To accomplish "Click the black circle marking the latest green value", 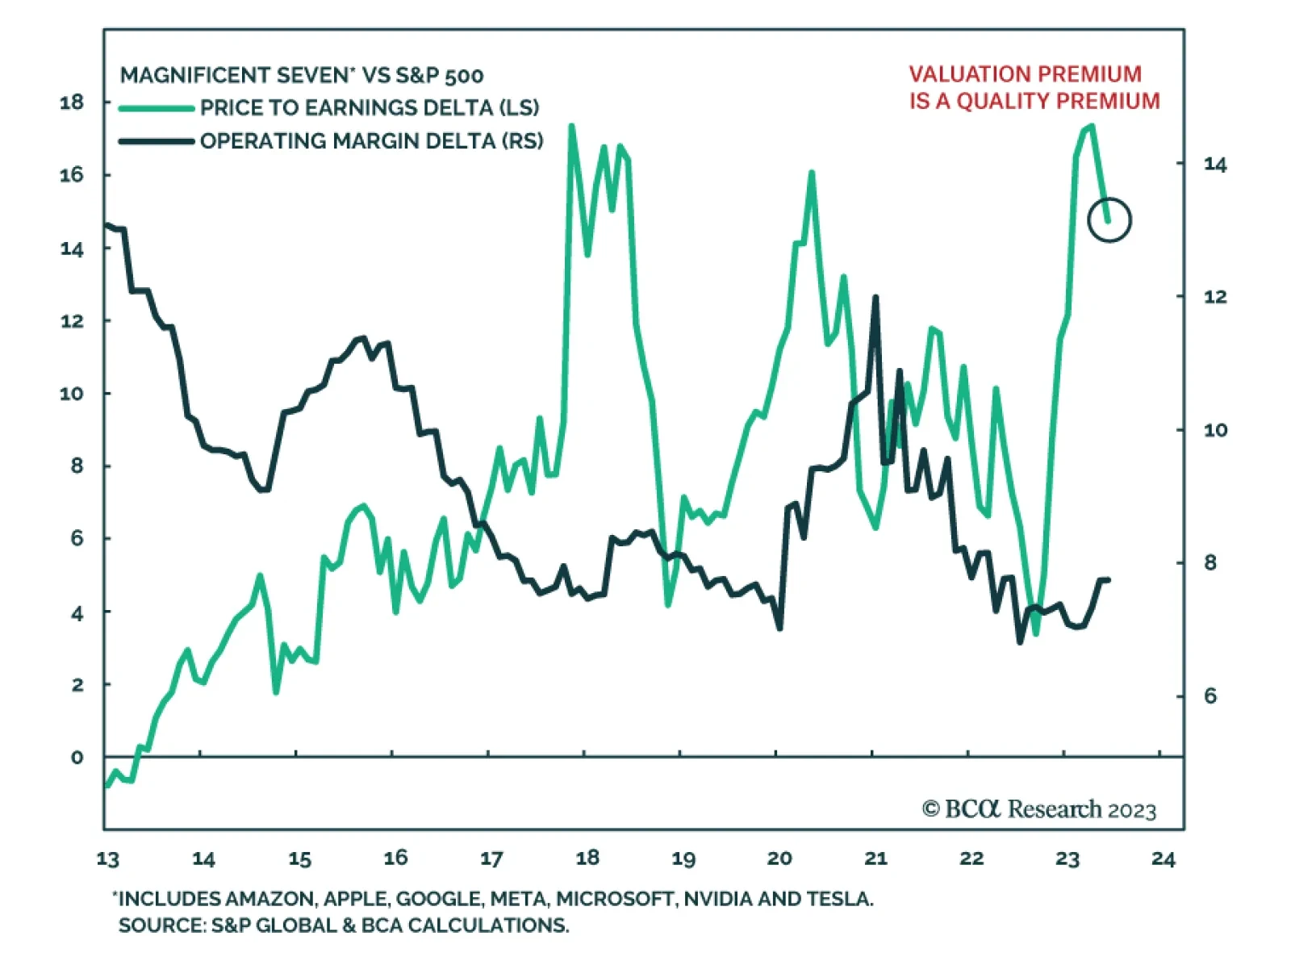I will tap(1109, 219).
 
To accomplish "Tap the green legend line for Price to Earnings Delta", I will tap(157, 108).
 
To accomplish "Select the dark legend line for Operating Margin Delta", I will tap(157, 141).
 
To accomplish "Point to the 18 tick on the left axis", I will tap(72, 102).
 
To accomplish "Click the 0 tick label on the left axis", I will tap(77, 758).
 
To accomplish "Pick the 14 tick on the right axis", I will tap(1214, 165).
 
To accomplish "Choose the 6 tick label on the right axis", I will tap(1210, 696).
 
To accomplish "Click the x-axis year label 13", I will tap(107, 859).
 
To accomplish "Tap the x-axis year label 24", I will tap(1163, 859).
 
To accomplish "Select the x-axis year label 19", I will tap(683, 859).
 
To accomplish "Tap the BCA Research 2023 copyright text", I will tap(1039, 809).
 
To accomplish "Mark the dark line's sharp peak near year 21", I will tap(875, 299).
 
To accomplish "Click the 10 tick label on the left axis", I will tap(72, 394).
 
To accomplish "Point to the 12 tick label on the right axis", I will tap(1214, 297).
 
